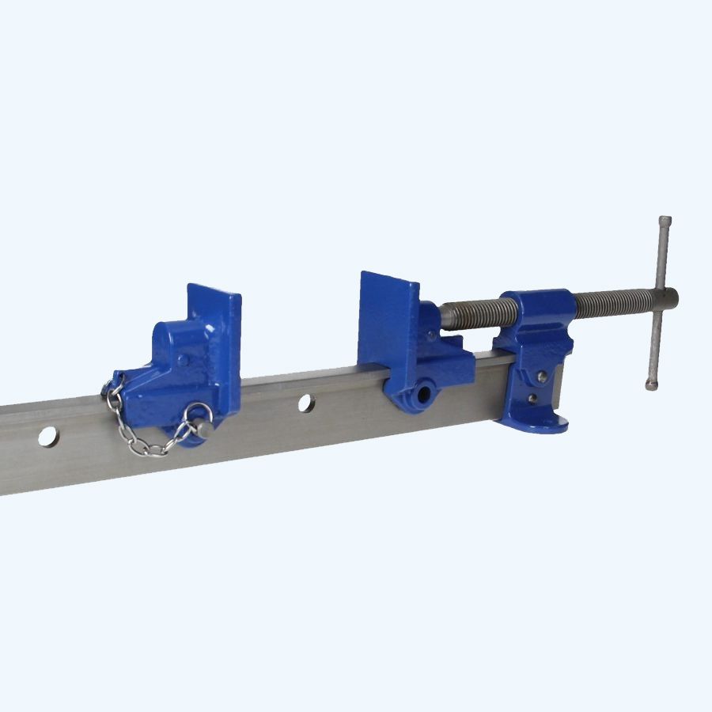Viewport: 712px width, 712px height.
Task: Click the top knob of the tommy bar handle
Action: coord(665,221)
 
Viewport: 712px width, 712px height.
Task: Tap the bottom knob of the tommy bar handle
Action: coord(650,385)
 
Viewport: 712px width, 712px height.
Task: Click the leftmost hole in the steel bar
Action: coord(47,436)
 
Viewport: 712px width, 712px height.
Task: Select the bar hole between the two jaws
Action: coord(305,403)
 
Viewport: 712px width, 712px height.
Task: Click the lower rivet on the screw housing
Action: coord(534,398)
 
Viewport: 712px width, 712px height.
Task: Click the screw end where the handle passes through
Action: coord(669,298)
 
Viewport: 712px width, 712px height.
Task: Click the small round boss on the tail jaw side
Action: coord(183,360)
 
